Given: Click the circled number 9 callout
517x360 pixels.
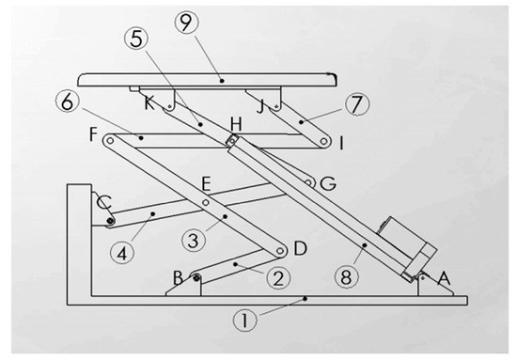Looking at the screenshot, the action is pyautogui.click(x=186, y=23).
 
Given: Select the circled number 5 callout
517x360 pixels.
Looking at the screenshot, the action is pyautogui.click(x=136, y=39).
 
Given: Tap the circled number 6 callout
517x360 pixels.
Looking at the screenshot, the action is pyautogui.click(x=68, y=102).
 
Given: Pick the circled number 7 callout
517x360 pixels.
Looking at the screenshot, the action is pyautogui.click(x=357, y=104).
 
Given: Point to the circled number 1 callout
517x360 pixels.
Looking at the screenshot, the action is pyautogui.click(x=244, y=321).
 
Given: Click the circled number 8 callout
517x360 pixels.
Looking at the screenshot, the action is pyautogui.click(x=346, y=277).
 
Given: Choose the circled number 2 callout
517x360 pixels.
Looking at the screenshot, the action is pyautogui.click(x=278, y=278).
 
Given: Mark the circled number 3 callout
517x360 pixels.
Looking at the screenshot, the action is pyautogui.click(x=194, y=241).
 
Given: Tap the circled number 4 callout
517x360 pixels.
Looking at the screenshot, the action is pyautogui.click(x=122, y=254).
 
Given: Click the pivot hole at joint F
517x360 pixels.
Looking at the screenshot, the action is pyautogui.click(x=110, y=141).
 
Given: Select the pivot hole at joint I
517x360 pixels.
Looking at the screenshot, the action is pyautogui.click(x=323, y=141).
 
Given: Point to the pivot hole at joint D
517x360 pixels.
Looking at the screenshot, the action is pyautogui.click(x=280, y=251).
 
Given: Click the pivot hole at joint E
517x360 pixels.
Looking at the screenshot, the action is pyautogui.click(x=206, y=202).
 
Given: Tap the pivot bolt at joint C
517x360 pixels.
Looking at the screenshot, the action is pyautogui.click(x=110, y=221).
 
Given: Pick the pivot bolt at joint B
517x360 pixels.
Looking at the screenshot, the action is pyautogui.click(x=196, y=278).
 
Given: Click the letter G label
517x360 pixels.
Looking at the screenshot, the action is pyautogui.click(x=328, y=183).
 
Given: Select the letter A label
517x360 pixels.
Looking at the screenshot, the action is pyautogui.click(x=444, y=278).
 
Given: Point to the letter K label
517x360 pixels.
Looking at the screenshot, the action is pyautogui.click(x=149, y=103).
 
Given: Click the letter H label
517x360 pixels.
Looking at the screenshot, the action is pyautogui.click(x=236, y=125).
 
